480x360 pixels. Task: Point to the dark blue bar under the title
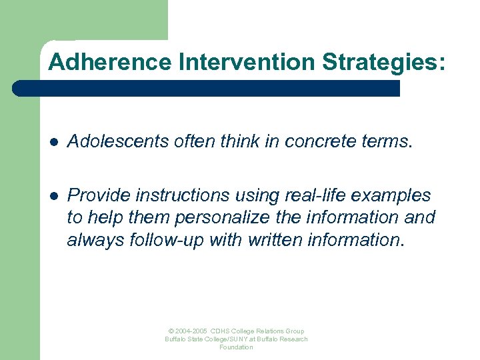coord(207,89)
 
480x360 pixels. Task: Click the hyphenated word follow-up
coord(164,239)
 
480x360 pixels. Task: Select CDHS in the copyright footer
coord(221,331)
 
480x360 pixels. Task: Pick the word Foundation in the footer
coord(237,347)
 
